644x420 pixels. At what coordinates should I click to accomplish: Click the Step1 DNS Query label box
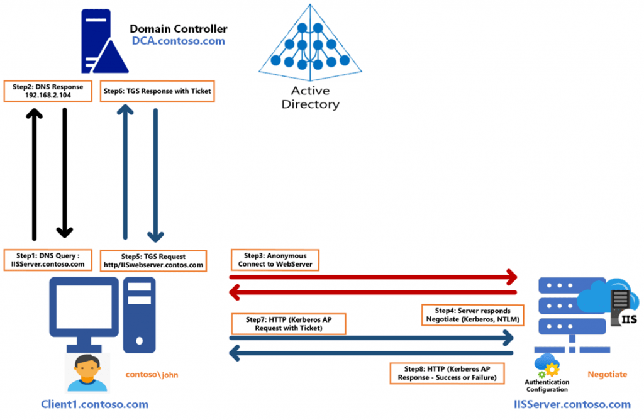(48, 260)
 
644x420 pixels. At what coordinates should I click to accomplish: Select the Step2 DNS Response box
(47, 91)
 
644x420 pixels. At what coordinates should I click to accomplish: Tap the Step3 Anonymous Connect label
(274, 260)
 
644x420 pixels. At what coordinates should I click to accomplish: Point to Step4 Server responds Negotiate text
(473, 315)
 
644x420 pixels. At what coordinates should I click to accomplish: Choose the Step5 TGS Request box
(153, 260)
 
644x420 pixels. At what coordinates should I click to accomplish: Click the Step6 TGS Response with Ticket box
(157, 91)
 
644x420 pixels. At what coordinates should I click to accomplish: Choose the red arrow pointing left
(371, 292)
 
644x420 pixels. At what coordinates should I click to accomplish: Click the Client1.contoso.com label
(94, 404)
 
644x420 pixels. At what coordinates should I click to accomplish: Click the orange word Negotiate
(607, 374)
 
